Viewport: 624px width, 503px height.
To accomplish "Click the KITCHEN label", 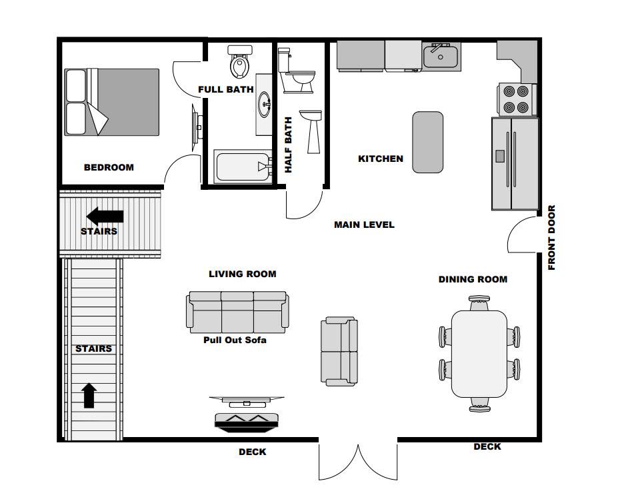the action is coord(381,159).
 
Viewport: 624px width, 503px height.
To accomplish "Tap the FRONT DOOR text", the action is coord(551,238).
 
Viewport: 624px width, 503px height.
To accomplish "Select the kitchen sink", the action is coord(441,57).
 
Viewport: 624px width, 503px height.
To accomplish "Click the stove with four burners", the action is coord(517,99).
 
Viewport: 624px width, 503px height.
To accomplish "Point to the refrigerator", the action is coord(515,163).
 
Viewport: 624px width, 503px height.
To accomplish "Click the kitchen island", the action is coord(428,143).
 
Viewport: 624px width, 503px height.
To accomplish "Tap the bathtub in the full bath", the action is coord(243,166).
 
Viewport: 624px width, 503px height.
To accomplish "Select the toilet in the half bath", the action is coord(296,71).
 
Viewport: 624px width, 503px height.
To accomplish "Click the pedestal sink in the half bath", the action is coord(311,132).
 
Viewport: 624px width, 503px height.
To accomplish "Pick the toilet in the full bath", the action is coord(240,62).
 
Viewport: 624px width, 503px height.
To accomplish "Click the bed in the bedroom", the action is coord(112,102).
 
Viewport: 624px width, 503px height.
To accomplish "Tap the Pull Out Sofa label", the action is coord(235,340).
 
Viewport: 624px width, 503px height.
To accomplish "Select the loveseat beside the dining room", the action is coord(339,352).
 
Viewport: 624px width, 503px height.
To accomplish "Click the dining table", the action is coord(479,354).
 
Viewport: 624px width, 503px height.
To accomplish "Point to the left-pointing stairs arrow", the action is coord(105,217).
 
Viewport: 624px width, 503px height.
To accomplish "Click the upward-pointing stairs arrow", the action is coord(89,396).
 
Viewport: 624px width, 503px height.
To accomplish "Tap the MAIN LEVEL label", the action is coord(364,225).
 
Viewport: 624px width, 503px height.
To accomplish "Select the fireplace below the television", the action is coord(247,422).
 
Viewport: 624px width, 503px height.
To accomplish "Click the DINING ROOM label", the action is coord(473,280).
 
